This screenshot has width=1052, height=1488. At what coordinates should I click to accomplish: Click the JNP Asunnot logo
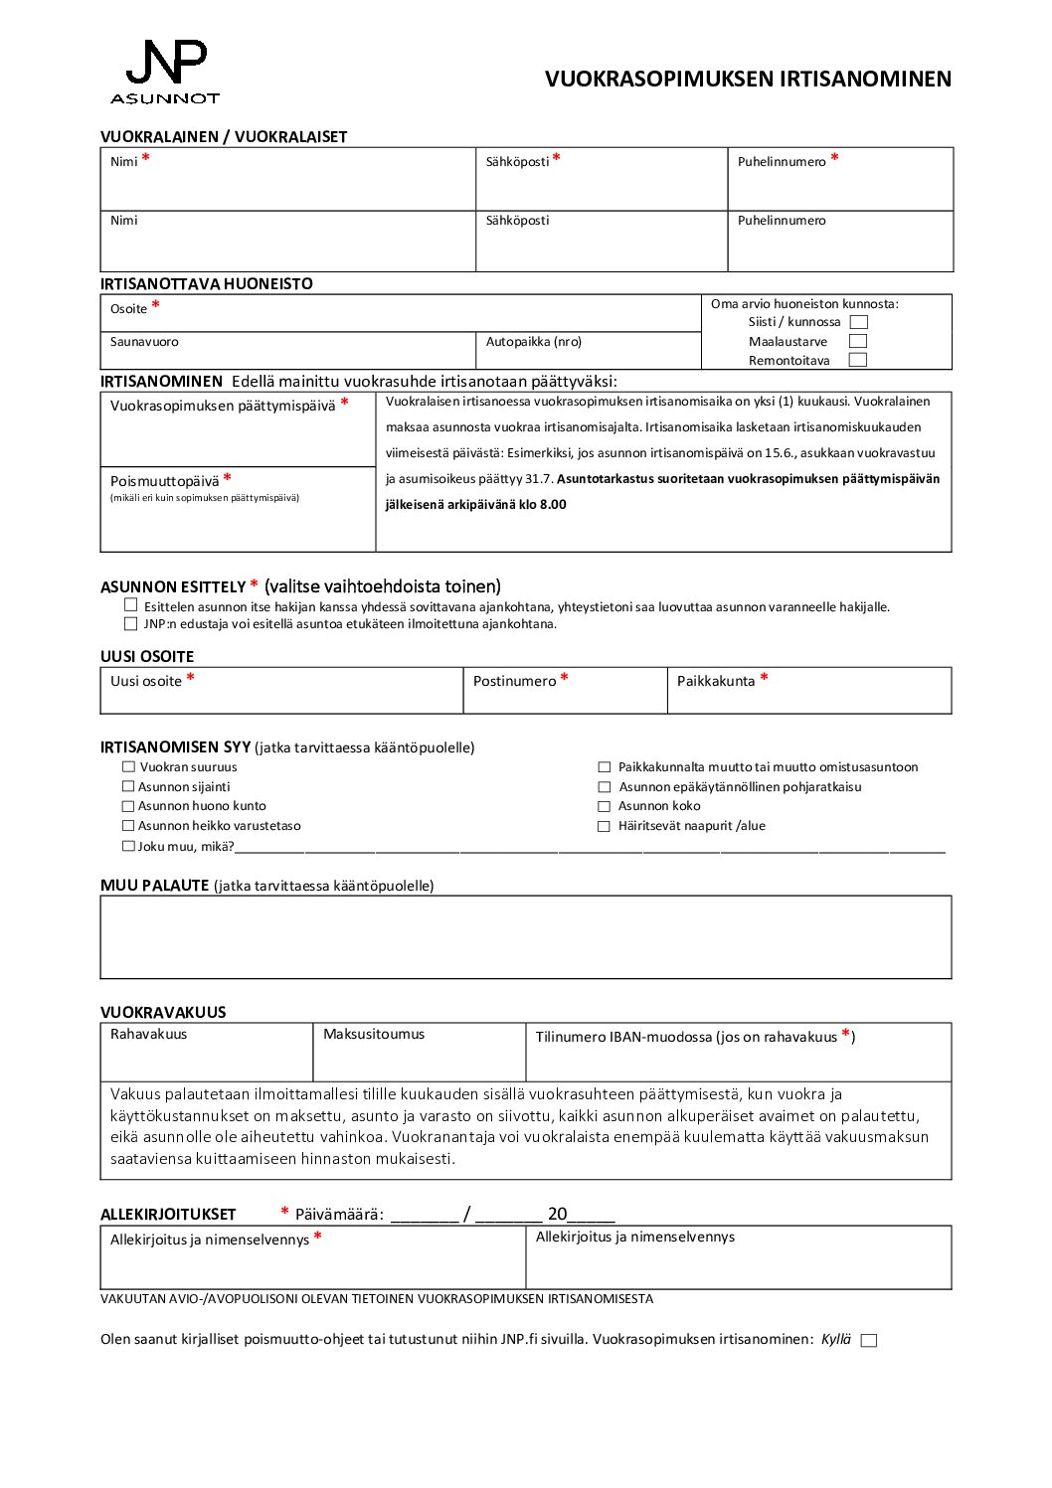(165, 72)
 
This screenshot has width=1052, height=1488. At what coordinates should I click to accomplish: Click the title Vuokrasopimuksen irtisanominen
(748, 80)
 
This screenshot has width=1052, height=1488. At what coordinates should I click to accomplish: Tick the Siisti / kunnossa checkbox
(859, 322)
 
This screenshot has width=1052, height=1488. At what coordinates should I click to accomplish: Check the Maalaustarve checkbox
(858, 341)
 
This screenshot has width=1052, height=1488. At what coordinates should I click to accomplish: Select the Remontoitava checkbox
(858, 360)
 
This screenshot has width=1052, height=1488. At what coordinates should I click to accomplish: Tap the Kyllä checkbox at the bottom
(869, 1340)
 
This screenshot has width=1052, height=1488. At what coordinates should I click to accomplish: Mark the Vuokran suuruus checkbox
(128, 767)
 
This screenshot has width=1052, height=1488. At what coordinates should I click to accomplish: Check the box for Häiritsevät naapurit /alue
(604, 826)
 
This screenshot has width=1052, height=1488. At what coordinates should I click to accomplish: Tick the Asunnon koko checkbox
(604, 806)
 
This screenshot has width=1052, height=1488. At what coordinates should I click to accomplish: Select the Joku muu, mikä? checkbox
(128, 846)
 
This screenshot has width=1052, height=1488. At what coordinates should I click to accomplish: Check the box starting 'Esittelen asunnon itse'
(131, 604)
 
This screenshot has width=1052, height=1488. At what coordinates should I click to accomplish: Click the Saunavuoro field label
(144, 342)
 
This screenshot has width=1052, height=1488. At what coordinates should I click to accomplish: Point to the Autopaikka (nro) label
(533, 342)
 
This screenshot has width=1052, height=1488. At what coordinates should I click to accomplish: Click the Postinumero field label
(514, 681)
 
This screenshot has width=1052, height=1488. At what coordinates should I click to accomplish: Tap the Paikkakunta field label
(716, 681)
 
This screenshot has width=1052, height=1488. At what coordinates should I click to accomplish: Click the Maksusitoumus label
(373, 1034)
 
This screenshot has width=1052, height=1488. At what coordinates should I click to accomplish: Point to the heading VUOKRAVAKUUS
(163, 1012)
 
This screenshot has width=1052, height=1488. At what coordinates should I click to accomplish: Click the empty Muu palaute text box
(525, 937)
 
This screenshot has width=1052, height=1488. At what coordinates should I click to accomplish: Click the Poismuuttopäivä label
(164, 481)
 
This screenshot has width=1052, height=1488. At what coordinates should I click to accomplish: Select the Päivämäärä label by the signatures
(339, 1214)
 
